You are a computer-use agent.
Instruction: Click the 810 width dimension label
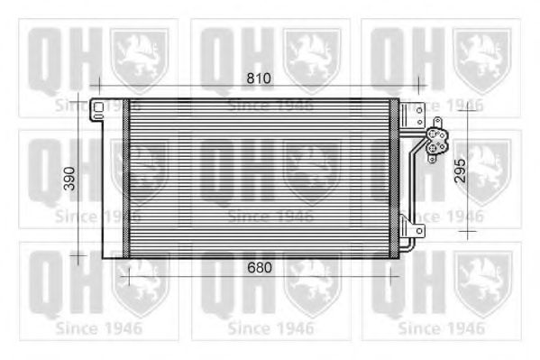click(x=260, y=78)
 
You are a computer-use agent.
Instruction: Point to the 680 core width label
click(x=260, y=268)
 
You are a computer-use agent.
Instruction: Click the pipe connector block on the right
click(x=437, y=141)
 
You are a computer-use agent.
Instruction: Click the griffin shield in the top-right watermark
click(x=482, y=60)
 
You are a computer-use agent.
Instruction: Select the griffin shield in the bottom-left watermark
click(x=139, y=279)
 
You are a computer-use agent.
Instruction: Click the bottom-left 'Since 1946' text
click(x=98, y=328)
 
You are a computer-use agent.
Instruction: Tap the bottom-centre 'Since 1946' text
click(x=270, y=328)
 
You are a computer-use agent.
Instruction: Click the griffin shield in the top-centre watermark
click(x=311, y=60)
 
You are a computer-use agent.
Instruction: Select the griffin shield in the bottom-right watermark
click(x=482, y=279)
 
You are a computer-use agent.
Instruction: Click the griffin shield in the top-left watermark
click(x=139, y=60)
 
